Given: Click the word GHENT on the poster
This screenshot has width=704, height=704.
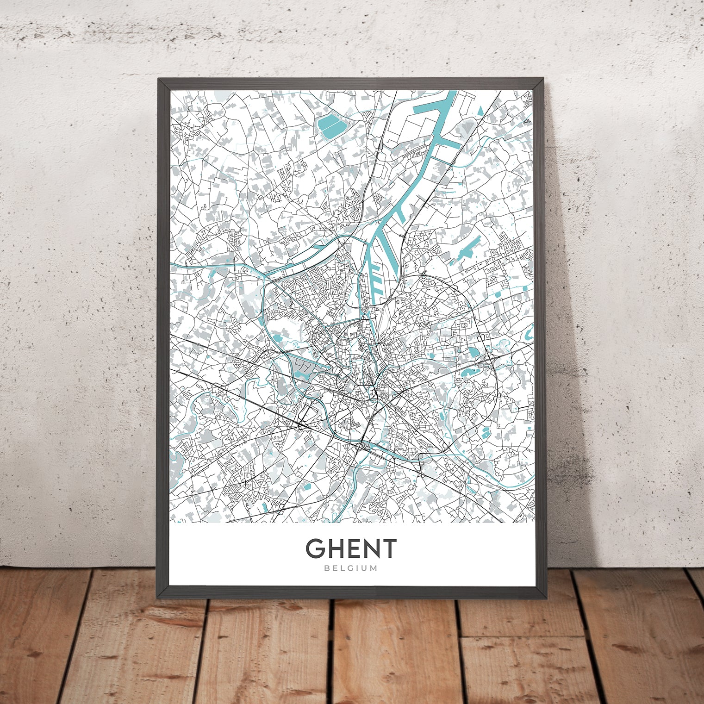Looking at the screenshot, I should pyautogui.click(x=351, y=548).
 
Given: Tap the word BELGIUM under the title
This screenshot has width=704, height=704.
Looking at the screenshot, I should pyautogui.click(x=351, y=568).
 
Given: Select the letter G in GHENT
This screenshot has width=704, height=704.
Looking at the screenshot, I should pyautogui.click(x=315, y=548).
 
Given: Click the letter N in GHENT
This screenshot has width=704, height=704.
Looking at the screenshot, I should pyautogui.click(x=369, y=548).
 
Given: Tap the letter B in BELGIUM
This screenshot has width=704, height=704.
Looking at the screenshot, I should pyautogui.click(x=327, y=568).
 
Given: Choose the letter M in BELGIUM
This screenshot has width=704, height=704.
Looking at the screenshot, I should pyautogui.click(x=374, y=568).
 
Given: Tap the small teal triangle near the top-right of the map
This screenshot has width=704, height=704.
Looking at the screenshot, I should pyautogui.click(x=480, y=110).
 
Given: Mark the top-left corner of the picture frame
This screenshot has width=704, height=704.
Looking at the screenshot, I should pyautogui.click(x=159, y=79).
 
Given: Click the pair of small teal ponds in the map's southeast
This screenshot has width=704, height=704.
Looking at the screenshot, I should pyautogui.click(x=485, y=433).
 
